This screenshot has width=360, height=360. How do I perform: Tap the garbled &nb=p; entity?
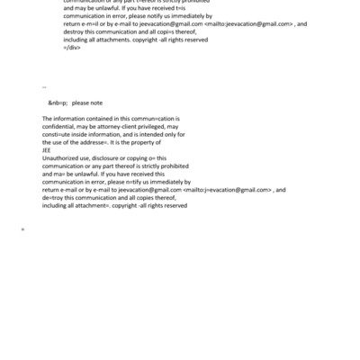pos(58,103)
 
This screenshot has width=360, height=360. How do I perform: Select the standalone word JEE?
pos(48,149)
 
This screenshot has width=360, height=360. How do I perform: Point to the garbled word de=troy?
pos(54,196)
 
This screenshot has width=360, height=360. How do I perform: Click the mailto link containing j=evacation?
pos(228,189)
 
